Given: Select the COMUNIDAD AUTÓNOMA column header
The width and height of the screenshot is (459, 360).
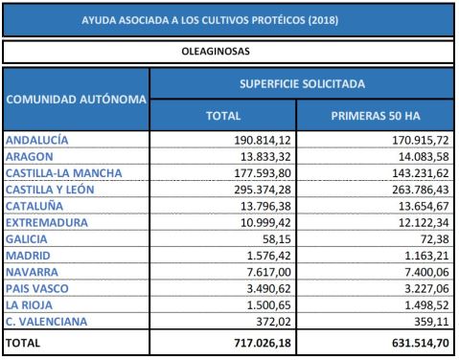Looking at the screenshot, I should pyautogui.click(x=77, y=99).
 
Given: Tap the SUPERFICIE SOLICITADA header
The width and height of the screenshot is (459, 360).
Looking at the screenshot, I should pyautogui.click(x=303, y=84).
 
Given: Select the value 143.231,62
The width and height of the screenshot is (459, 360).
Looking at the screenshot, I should pyautogui.click(x=407, y=172).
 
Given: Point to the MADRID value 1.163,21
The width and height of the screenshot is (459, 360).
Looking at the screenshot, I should pyautogui.click(x=413, y=256).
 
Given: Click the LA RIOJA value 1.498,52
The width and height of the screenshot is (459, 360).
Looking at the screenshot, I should pyautogui.click(x=413, y=304).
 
